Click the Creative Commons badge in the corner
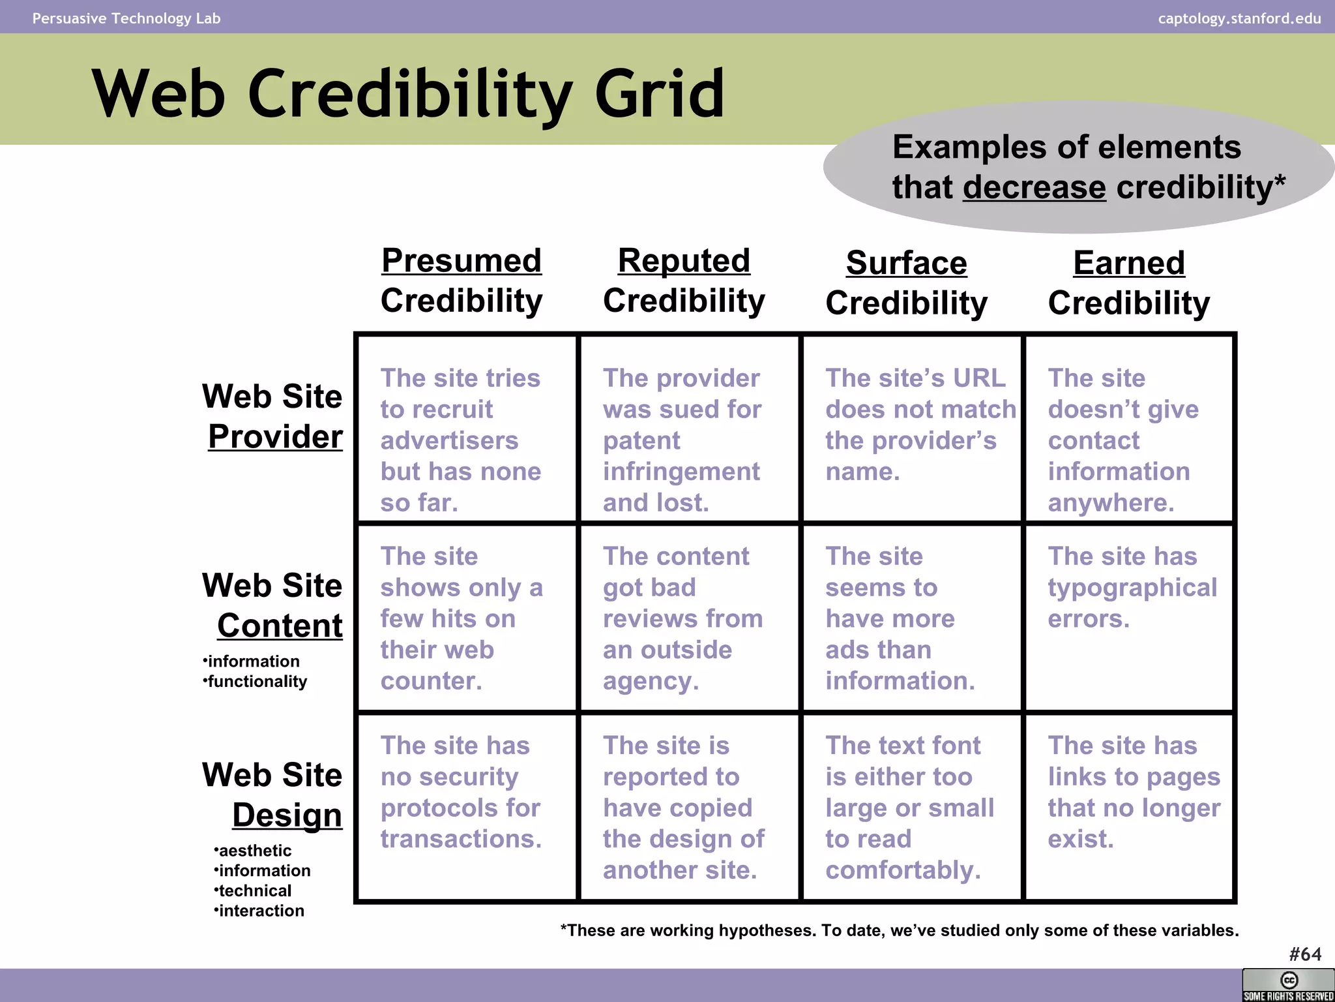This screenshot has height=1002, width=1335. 1288,984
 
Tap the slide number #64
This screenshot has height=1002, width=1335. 1305,954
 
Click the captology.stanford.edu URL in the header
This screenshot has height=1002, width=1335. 1239,18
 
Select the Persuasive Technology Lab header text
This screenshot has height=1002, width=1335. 126,18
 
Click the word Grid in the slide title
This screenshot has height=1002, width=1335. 659,95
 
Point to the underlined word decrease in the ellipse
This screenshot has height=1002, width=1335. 1034,188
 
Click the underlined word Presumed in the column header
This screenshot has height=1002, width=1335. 462,261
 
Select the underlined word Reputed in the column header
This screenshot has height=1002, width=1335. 684,261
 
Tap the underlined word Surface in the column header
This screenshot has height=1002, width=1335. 906,264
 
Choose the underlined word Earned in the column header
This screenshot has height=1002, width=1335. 1128,264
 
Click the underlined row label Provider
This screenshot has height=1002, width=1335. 275,436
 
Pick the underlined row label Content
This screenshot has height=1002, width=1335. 280,626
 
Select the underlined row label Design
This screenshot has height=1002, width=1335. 287,815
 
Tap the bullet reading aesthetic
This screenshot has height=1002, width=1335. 254,851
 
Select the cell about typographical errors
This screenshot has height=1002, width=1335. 1132,587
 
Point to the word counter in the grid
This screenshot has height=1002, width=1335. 431,681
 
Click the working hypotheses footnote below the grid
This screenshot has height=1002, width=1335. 900,930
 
